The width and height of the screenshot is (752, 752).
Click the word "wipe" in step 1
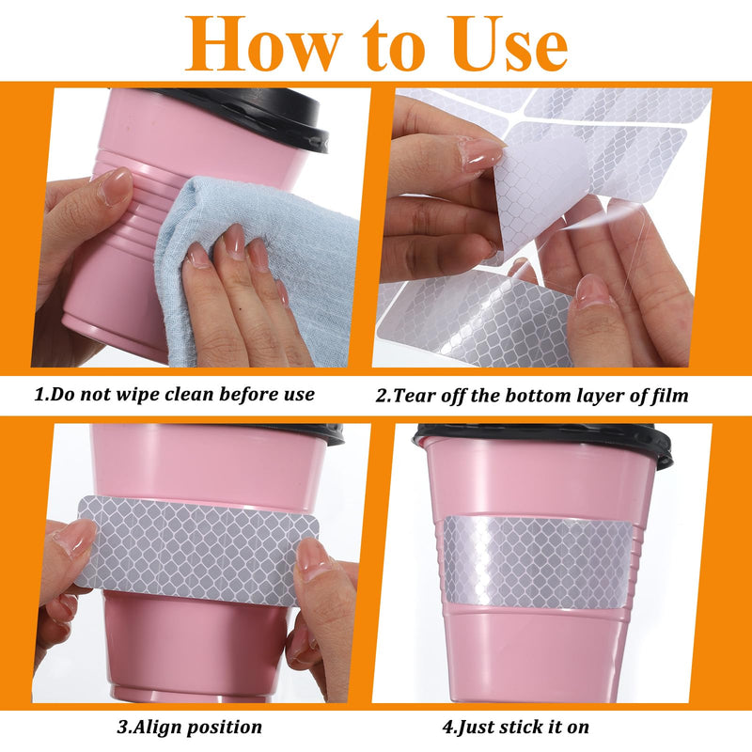pyautogui.click(x=138, y=395)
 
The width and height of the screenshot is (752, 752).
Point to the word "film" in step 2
pyautogui.click(x=669, y=396)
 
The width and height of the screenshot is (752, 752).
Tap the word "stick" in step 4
pyautogui.click(x=524, y=727)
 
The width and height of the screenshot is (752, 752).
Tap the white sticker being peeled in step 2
pyautogui.click(x=540, y=201)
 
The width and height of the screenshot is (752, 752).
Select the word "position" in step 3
pyautogui.click(x=225, y=728)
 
